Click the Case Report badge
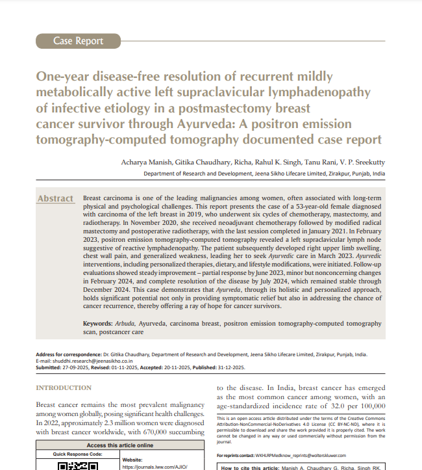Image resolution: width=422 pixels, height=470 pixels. pos(78,41)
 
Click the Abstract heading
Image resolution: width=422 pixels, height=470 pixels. pos(55,198)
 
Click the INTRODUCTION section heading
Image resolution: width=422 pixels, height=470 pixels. pos(64,388)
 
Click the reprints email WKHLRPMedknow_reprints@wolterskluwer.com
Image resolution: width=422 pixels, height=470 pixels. pos(301,456)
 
